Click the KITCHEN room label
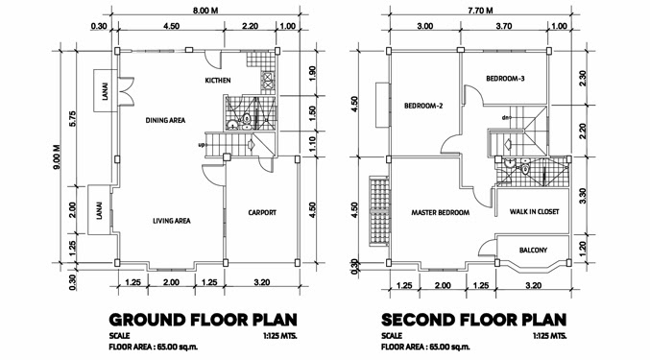click(218, 81)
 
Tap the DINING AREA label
click(165, 121)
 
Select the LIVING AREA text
click(172, 221)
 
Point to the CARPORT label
click(262, 212)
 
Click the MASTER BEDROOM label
click(441, 212)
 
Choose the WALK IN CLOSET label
click(534, 212)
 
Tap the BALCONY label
click(533, 251)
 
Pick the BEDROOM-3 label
click(505, 79)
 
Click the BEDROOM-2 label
click(423, 106)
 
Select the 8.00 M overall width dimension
click(205, 11)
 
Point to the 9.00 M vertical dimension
click(57, 156)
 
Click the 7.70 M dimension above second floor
click(480, 11)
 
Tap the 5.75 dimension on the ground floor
click(73, 119)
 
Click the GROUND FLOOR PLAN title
click(204, 320)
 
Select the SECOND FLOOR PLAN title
click(474, 320)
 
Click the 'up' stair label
click(202, 145)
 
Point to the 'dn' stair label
click(505, 118)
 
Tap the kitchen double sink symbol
click(267, 82)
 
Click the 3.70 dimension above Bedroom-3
click(504, 26)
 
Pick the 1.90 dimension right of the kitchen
click(313, 73)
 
